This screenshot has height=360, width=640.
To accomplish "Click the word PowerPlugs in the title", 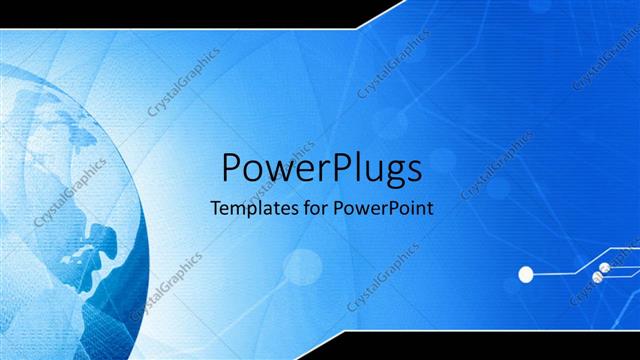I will tap(320, 168).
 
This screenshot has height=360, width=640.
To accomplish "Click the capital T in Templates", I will tap(214, 210).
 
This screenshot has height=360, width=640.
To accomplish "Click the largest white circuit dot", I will tap(525, 272).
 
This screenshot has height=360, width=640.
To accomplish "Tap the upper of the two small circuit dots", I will tap(604, 268).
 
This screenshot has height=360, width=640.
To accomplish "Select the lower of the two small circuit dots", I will tap(597, 277).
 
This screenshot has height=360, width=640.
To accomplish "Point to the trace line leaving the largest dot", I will tap(555, 272).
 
